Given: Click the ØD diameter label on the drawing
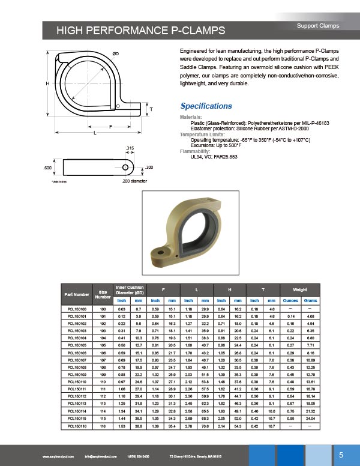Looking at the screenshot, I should pyautogui.click(x=116, y=54).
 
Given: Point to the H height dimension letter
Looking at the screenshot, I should pyautogui.click(x=47, y=83).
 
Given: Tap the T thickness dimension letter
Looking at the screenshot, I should pyautogui.click(x=151, y=109).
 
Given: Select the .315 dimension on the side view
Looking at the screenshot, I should pyautogui.click(x=129, y=148).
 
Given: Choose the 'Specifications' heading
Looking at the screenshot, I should pyautogui.click(x=206, y=106).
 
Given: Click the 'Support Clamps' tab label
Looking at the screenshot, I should pyautogui.click(x=318, y=26).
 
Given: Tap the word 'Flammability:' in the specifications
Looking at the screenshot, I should pyautogui.click(x=195, y=151).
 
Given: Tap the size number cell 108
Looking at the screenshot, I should pyautogui.click(x=103, y=367).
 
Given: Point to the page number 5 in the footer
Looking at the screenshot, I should pyautogui.click(x=341, y=454).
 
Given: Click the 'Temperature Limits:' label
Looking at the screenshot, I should pyautogui.click(x=202, y=135).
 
